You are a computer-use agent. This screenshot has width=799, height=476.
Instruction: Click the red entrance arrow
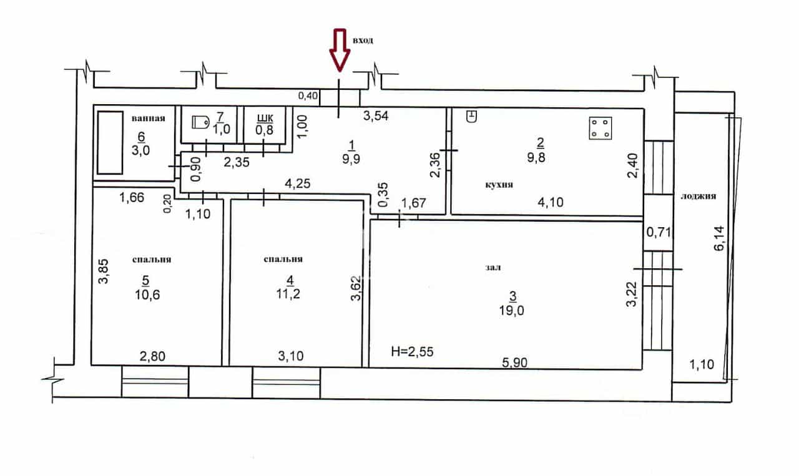click(x=340, y=49)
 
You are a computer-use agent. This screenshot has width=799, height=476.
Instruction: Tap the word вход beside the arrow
click(x=363, y=41)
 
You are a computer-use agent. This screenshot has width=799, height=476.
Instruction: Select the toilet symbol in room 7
click(x=200, y=122)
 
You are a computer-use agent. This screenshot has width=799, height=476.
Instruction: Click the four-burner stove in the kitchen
click(x=600, y=128)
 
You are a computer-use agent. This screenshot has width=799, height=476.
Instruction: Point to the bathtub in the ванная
click(x=110, y=143)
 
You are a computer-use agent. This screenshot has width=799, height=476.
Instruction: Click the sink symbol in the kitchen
click(x=471, y=116)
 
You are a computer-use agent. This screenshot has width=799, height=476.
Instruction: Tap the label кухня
click(x=499, y=185)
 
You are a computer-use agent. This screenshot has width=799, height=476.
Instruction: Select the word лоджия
click(x=698, y=196)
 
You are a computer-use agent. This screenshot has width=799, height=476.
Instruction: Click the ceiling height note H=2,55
click(x=412, y=352)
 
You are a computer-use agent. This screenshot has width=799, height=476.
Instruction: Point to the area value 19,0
click(x=511, y=311)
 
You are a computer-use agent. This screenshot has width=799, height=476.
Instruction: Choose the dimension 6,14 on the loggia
click(x=719, y=238)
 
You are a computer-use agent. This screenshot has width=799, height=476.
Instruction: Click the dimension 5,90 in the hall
click(x=514, y=362)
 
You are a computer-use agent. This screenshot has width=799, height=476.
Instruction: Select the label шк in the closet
click(x=265, y=118)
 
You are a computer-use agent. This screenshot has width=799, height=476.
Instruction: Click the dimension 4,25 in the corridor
click(x=298, y=183)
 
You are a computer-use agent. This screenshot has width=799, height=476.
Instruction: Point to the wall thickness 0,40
click(x=308, y=95)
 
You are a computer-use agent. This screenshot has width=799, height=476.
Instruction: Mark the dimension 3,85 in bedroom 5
click(x=103, y=271)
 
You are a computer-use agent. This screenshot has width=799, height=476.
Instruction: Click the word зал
click(x=493, y=268)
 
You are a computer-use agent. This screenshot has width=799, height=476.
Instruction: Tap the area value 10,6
click(x=147, y=295)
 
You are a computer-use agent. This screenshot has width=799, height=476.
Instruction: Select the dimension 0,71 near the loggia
click(x=659, y=233)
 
